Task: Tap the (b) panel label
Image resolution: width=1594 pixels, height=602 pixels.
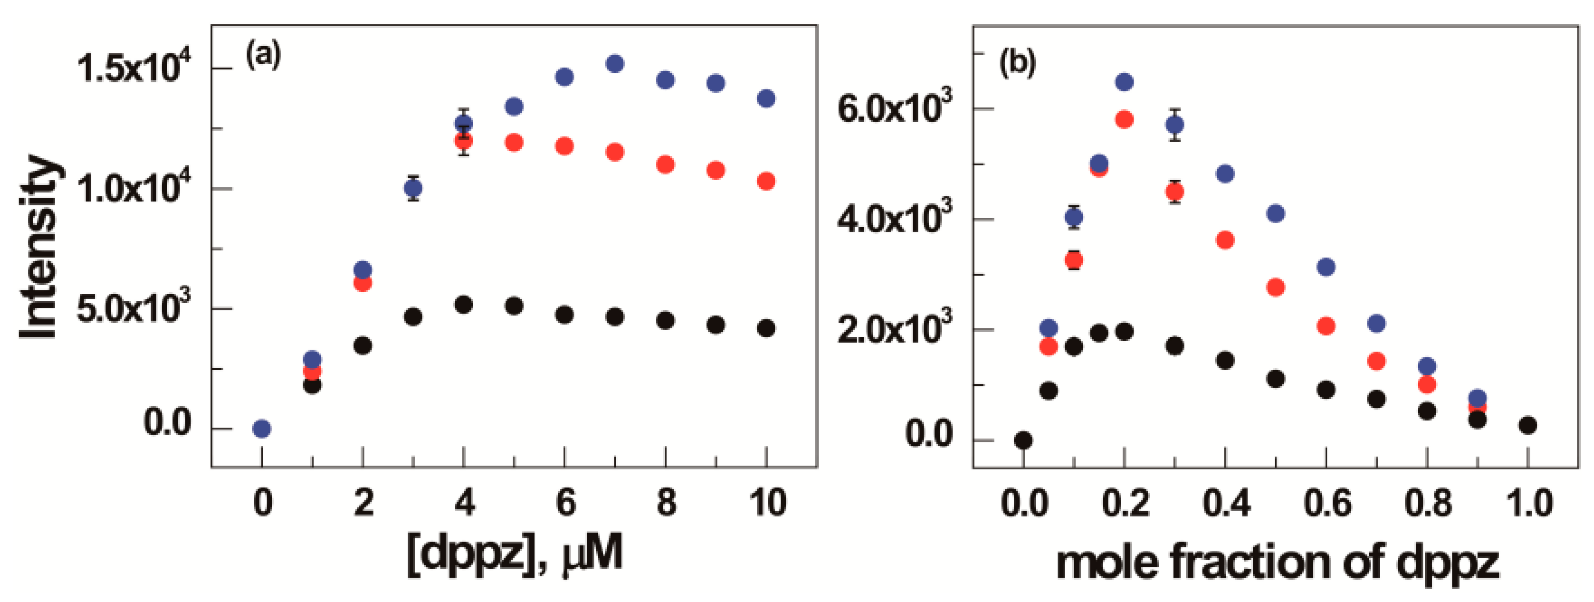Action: (x=1017, y=63)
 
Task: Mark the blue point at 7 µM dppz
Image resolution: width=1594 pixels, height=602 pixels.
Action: (x=614, y=64)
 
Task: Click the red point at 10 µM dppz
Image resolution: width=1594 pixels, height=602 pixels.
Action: (x=766, y=181)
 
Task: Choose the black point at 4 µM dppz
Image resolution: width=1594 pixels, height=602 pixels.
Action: (x=463, y=305)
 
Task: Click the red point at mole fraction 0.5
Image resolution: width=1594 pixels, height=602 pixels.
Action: (x=1275, y=287)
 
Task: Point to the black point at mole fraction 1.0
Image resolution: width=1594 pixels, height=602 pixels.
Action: (x=1528, y=425)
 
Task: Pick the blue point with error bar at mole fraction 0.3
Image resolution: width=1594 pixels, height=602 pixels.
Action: (x=1175, y=125)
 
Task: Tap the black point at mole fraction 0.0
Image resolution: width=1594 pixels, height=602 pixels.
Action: (x=1024, y=440)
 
